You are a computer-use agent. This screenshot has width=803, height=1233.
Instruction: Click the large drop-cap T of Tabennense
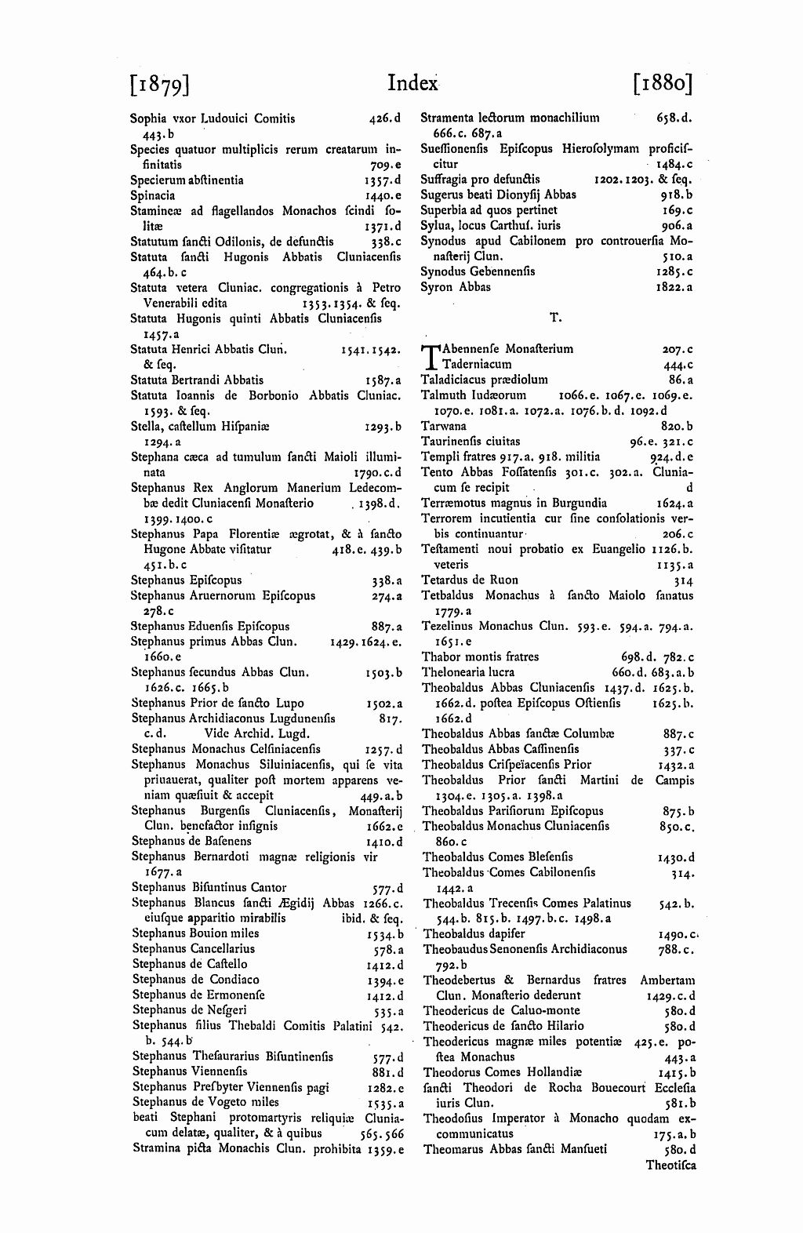point(430,357)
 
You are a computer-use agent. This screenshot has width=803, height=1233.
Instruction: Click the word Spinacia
point(153,195)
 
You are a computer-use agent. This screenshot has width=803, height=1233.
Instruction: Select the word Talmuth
point(445,395)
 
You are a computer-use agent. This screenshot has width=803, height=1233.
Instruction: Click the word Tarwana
point(444,426)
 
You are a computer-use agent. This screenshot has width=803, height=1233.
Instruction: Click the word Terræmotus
point(452,503)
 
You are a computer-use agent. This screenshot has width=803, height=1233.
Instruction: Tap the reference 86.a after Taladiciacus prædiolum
point(681,380)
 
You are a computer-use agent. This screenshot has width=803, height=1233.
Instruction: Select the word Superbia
point(445,210)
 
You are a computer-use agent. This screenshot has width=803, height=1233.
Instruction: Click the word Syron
point(436,287)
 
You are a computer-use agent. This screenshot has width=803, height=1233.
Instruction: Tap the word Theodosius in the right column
point(456,1118)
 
